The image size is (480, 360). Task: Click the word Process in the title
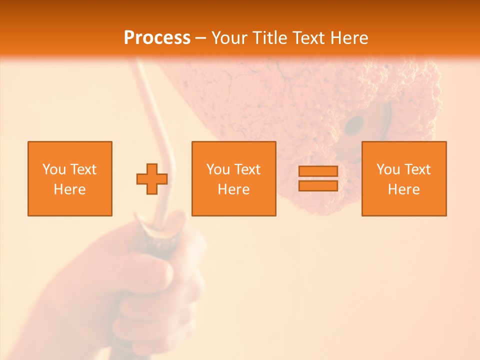[x=157, y=38]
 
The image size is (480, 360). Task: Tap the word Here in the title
[x=348, y=38]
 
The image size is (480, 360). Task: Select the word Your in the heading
[x=230, y=38]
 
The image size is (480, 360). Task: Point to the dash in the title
[x=200, y=38]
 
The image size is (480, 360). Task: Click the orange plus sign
[x=152, y=179]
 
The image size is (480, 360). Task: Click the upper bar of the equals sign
[x=318, y=171]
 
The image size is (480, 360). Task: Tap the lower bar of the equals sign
[x=318, y=185]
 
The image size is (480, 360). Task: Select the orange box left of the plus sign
[x=69, y=178]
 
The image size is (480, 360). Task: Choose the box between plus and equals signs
[x=233, y=178]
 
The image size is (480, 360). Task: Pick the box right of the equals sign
[x=403, y=178]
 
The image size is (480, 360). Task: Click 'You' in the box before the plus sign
[x=53, y=169]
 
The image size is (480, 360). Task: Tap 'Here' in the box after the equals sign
[x=403, y=189]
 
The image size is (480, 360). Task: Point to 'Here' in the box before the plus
[x=69, y=189]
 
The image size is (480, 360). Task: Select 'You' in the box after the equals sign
[x=387, y=169]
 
